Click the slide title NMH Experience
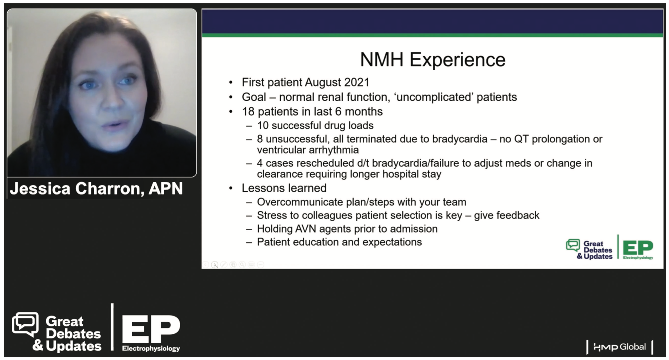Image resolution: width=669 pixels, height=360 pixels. (433, 60)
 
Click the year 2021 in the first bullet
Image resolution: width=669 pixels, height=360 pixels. (357, 82)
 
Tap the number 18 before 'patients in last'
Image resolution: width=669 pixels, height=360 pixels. (248, 111)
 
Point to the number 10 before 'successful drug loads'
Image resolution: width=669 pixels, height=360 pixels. (263, 125)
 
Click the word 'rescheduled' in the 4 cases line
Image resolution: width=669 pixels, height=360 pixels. (325, 163)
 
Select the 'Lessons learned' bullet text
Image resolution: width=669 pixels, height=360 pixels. (284, 188)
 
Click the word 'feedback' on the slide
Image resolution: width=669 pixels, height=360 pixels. (518, 215)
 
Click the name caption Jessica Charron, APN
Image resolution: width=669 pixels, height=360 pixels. (96, 189)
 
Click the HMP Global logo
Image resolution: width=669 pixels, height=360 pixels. (619, 347)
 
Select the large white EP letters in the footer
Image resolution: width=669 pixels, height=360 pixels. (151, 329)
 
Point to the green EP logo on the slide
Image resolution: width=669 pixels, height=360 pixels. (638, 248)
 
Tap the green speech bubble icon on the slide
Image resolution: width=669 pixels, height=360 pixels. (573, 246)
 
